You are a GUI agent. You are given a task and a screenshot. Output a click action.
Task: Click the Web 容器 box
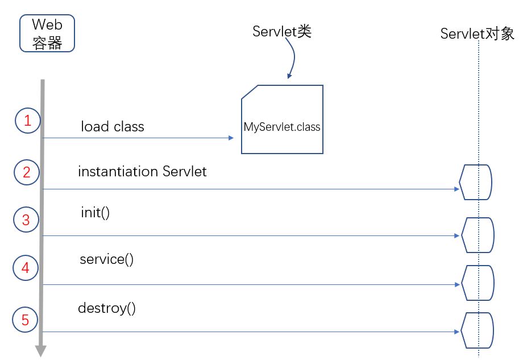tap(47, 34)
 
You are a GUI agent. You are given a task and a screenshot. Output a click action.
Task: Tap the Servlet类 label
tap(283, 32)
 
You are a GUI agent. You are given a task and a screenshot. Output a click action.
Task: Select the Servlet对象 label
tap(477, 34)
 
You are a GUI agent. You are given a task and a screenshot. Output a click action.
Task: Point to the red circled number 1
tap(27, 121)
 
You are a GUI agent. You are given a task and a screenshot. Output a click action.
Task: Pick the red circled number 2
tap(27, 172)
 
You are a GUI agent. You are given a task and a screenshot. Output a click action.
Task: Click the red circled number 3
tap(26, 220)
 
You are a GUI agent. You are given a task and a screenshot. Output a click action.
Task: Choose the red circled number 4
tap(25, 268)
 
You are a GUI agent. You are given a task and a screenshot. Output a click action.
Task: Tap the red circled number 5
tap(25, 320)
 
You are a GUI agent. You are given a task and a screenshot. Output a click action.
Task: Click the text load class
tap(113, 126)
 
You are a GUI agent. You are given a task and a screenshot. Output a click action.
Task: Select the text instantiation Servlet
tap(142, 171)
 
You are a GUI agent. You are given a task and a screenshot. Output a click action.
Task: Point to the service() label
tap(106, 260)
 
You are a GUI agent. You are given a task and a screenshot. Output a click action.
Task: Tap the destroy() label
tap(106, 309)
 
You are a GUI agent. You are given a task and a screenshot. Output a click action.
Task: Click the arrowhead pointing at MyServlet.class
tap(231, 138)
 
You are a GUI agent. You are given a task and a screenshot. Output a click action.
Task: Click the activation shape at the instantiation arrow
tap(476, 182)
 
